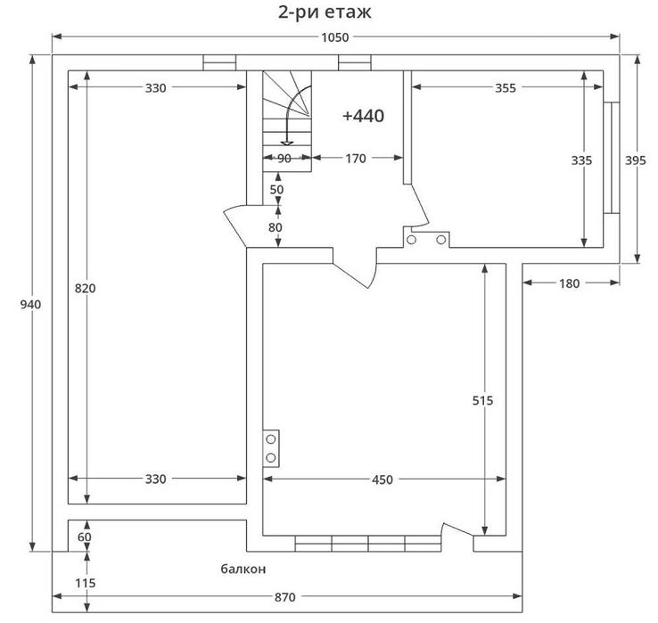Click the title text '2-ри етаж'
pos(325,12)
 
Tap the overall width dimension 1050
pos(335,37)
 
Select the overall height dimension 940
pos(30,305)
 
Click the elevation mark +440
pos(363,116)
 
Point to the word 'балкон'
pos(243,569)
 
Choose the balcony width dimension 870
pos(285,597)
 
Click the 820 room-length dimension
pos(86,289)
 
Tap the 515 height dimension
pos(482,401)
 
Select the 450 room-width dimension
pos(382,480)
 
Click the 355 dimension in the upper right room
pos(506,88)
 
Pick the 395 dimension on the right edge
pos(636,160)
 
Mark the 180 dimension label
pos(569,284)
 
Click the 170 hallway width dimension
pos(356,159)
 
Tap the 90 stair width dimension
pos(284,159)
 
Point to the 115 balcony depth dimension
pos(86,583)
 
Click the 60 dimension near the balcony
pos(85,537)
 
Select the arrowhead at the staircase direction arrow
pos(287,143)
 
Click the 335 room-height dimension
pos(581,160)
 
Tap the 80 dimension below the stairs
pos(276,227)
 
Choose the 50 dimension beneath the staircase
pos(276,190)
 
